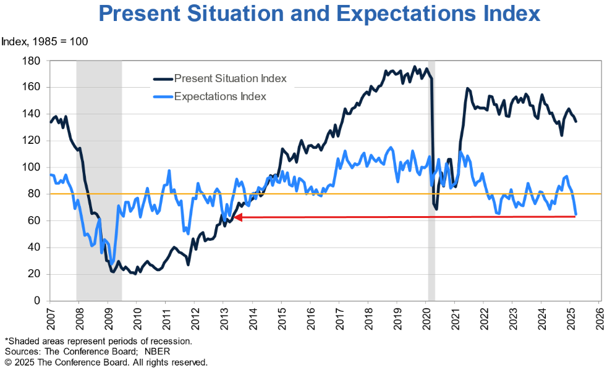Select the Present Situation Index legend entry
pyautogui.click(x=230, y=78)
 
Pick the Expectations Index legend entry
pyautogui.click(x=220, y=96)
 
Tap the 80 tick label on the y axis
pyautogui.click(x=35, y=194)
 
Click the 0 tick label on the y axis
pyautogui.click(x=38, y=301)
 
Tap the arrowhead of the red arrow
pyautogui.click(x=238, y=217)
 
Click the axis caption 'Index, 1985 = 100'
pyautogui.click(x=45, y=42)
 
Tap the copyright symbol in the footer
pyautogui.click(x=8, y=362)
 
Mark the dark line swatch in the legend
pyautogui.click(x=163, y=79)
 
